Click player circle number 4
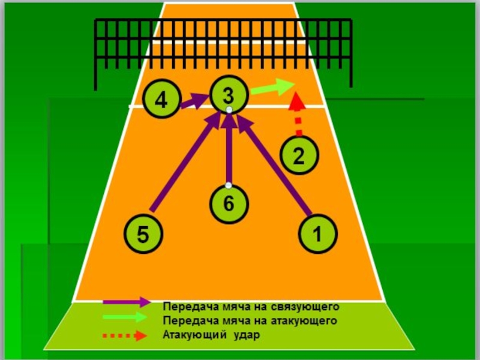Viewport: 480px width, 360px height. point(161,100)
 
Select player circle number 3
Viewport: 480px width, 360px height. point(229,94)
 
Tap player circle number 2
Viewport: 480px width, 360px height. point(298,154)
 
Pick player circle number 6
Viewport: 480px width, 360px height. point(229,202)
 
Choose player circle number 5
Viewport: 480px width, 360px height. point(142,234)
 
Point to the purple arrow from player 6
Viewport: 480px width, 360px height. point(229,150)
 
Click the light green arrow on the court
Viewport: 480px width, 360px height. point(272,88)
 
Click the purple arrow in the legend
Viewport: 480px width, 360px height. point(127,302)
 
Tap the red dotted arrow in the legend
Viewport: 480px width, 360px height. point(125,334)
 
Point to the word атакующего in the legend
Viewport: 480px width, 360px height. point(305,320)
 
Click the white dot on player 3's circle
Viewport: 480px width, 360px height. point(229,110)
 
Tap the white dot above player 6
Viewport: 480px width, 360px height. point(229,185)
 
